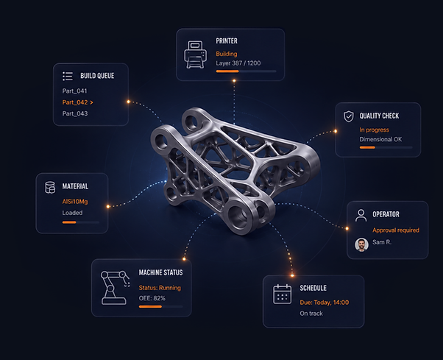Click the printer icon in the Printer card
195,54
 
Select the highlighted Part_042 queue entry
78,102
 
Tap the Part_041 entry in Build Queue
74,91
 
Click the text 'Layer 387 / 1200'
238,63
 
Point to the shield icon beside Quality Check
349,116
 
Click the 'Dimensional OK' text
380,139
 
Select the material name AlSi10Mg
75,202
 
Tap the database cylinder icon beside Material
50,187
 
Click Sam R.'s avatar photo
361,244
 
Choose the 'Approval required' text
396,230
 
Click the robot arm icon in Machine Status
115,288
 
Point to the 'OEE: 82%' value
152,298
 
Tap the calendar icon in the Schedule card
283,294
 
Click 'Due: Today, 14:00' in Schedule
325,303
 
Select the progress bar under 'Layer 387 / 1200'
246,71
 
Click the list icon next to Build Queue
68,76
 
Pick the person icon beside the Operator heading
361,215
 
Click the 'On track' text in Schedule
311,314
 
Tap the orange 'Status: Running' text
160,288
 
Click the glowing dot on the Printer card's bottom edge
234,81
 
